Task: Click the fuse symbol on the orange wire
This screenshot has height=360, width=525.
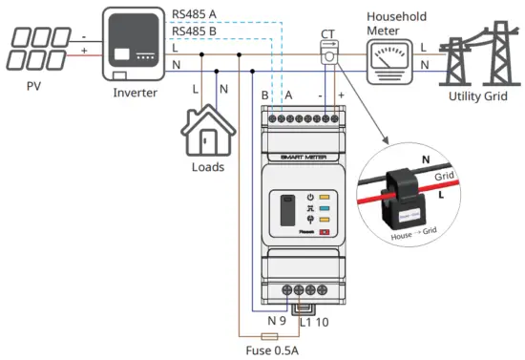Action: click(269, 337)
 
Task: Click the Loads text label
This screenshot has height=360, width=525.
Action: click(207, 166)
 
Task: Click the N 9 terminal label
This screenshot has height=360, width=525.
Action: click(276, 319)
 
